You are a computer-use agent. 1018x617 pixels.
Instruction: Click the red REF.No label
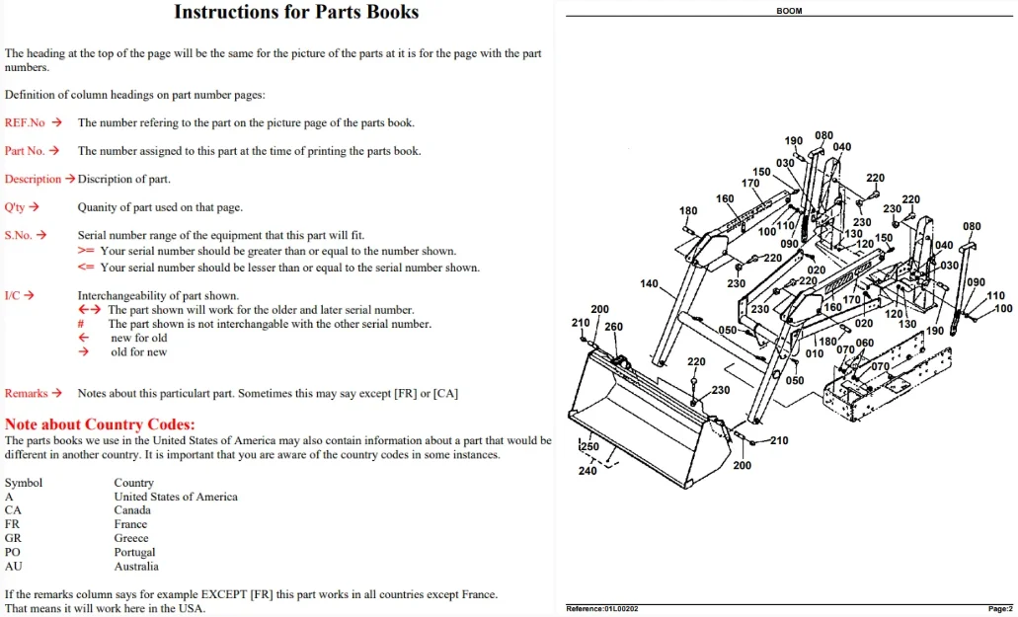[25, 122]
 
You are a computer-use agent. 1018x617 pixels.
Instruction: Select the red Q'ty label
[14, 207]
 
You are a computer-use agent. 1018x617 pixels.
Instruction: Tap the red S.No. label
[18, 235]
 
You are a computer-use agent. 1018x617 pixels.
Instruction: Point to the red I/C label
[12, 296]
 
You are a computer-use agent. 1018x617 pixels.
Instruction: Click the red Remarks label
[26, 393]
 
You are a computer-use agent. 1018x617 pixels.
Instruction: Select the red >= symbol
[86, 251]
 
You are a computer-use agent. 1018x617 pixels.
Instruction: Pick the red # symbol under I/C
[81, 324]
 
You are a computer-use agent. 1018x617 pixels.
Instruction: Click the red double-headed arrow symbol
[90, 310]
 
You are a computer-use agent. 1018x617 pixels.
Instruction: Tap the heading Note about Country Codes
[100, 424]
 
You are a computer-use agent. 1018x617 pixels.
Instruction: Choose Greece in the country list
[131, 538]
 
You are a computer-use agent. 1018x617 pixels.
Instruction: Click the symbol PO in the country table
[12, 552]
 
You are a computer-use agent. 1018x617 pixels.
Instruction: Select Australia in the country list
[136, 567]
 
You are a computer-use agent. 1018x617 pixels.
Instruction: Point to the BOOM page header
[789, 11]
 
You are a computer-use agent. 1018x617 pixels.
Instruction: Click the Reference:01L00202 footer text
[602, 608]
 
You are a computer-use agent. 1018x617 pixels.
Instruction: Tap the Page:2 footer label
[1000, 608]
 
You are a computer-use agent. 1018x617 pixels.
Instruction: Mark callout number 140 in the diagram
[649, 283]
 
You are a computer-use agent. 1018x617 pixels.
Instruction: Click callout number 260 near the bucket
[613, 327]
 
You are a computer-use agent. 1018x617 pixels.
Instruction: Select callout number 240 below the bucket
[587, 471]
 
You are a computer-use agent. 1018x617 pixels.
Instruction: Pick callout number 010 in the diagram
[815, 353]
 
